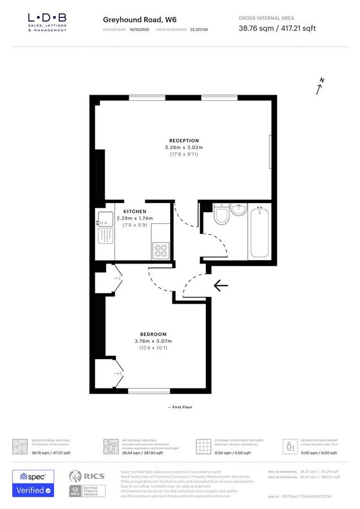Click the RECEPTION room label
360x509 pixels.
(184, 140)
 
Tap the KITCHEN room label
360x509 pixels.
(135, 211)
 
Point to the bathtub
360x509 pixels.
(261, 233)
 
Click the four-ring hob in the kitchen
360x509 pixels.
(161, 249)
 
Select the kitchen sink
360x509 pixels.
(103, 217)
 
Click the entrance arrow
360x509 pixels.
(220, 286)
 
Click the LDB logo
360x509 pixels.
(47, 22)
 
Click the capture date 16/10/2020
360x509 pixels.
(138, 28)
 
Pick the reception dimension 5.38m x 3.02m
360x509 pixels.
(184, 148)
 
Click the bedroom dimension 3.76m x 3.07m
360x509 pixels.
(153, 341)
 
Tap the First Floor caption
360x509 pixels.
(180, 407)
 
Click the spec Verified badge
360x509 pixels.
(33, 483)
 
